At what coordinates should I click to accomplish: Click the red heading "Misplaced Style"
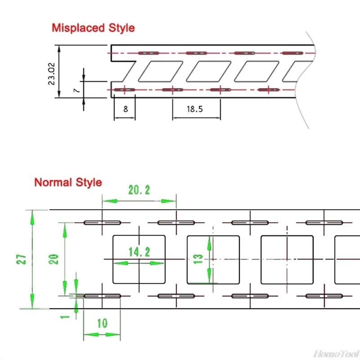tap(93, 27)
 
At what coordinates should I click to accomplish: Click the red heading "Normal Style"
tap(68, 182)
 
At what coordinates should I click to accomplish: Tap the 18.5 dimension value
tap(195, 108)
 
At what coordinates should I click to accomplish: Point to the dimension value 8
tap(125, 108)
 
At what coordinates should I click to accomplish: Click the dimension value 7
tap(76, 90)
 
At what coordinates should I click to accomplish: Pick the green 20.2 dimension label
tap(139, 190)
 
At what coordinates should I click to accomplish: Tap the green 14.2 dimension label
tap(139, 252)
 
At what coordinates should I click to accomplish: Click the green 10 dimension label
tap(102, 323)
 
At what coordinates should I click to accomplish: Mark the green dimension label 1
tap(66, 316)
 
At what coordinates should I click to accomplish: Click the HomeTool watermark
tap(336, 354)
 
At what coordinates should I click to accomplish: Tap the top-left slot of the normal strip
tap(102, 223)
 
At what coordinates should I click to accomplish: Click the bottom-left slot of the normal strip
tap(102, 296)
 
